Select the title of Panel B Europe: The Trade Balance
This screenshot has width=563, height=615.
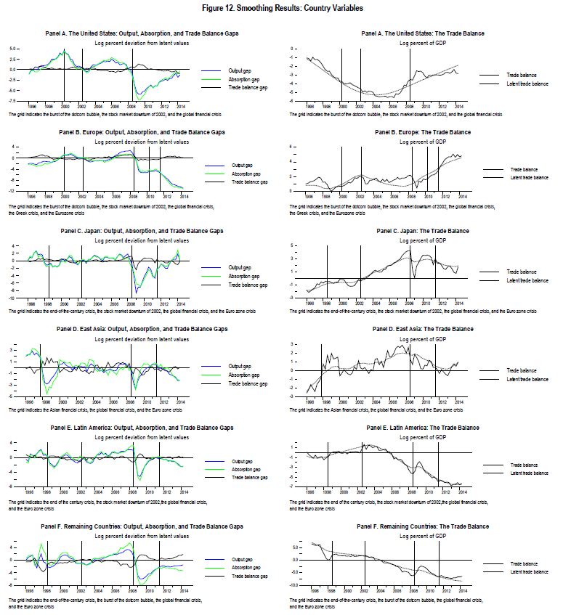point(422,132)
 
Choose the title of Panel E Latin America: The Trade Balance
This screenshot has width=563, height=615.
point(422,428)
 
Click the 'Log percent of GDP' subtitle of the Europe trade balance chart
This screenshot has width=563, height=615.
point(422,141)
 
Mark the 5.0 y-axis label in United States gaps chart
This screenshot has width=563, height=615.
point(13,49)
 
